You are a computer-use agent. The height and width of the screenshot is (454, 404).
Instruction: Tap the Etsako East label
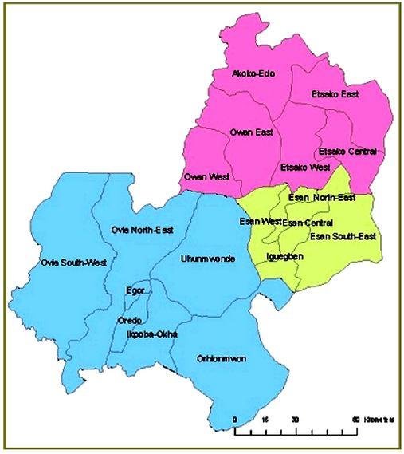334,95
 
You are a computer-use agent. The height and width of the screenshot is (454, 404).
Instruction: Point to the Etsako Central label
347,151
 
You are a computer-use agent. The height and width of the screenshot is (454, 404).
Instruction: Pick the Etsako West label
305,168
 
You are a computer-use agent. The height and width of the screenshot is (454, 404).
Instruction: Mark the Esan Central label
308,222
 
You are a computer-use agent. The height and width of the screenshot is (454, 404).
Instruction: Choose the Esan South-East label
343,236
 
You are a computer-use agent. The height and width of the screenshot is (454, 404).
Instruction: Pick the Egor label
135,291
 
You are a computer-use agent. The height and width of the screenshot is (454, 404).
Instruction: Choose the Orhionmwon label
221,359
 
